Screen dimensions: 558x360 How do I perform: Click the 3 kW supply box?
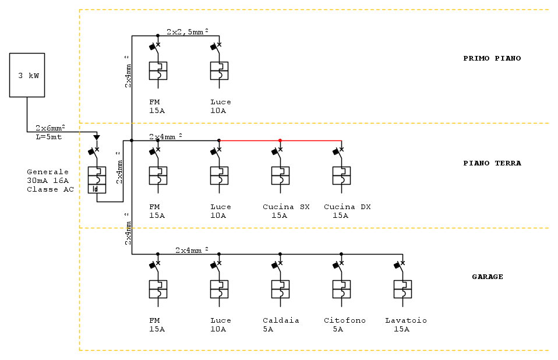27,75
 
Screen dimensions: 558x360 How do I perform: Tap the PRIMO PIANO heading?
492,58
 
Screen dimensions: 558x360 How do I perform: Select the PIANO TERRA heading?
492,163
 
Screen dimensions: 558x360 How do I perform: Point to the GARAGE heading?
488,277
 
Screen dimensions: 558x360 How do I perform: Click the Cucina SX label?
286,207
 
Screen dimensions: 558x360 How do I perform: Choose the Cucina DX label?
347,207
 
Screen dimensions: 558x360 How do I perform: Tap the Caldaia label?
281,320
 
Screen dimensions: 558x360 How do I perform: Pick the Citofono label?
344,320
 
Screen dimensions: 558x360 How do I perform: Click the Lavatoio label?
406,320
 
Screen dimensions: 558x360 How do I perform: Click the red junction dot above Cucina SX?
280,140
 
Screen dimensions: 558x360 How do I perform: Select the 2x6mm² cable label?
50,128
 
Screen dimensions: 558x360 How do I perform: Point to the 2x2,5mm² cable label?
188,31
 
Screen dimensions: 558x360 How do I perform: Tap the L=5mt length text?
49,137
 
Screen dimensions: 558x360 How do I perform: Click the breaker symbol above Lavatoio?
402,285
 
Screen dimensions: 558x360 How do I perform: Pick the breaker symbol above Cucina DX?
341,171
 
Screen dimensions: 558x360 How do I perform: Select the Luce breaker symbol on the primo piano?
219,66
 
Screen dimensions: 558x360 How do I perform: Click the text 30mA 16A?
48,181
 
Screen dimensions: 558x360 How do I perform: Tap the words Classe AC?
50,189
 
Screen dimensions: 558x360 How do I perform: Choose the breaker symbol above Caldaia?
280,285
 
